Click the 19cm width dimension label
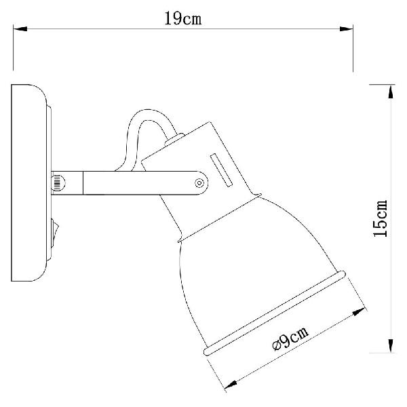[x=183, y=19]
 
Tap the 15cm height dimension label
[x=381, y=218]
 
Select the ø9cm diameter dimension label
[x=291, y=338]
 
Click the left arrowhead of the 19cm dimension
[x=20, y=28]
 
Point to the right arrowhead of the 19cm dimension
[x=346, y=28]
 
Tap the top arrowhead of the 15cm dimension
[x=391, y=92]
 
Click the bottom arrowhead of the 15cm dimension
[x=391, y=346]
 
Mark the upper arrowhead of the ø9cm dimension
[x=360, y=311]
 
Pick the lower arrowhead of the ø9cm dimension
[x=231, y=385]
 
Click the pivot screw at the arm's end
[x=199, y=183]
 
